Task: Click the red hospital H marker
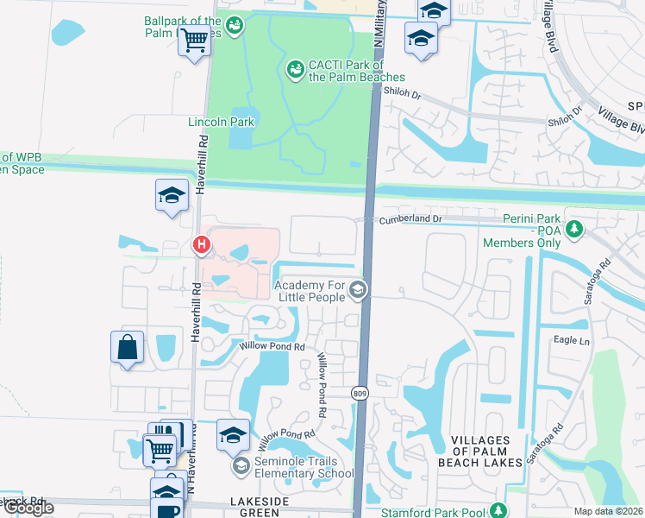pyautogui.click(x=202, y=245)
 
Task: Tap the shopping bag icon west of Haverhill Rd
pyautogui.click(x=127, y=348)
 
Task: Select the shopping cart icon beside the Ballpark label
pyautogui.click(x=195, y=39)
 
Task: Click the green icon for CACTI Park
pyautogui.click(x=295, y=67)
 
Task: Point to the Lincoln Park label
pyautogui.click(x=221, y=122)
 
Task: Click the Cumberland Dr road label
pyautogui.click(x=410, y=219)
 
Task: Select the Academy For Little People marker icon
pyautogui.click(x=358, y=291)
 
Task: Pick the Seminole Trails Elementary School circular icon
pyautogui.click(x=241, y=466)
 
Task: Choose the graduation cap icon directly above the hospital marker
pyautogui.click(x=172, y=195)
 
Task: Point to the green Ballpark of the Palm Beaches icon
pyautogui.click(x=235, y=26)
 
